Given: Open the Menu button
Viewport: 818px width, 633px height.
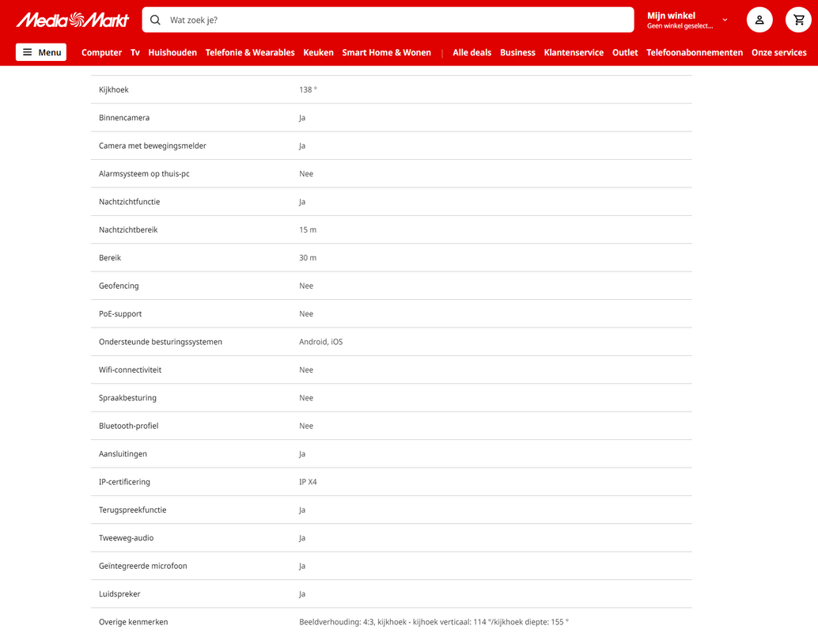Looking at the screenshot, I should (41, 52).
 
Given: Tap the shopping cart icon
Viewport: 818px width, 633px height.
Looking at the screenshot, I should (798, 20).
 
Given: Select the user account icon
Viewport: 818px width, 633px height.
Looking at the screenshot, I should (759, 20).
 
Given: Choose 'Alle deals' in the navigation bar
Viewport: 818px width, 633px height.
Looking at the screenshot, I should (471, 52).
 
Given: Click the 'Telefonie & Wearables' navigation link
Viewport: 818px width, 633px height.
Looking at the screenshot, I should (250, 52).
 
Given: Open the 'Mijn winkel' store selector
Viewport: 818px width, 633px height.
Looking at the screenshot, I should (687, 20).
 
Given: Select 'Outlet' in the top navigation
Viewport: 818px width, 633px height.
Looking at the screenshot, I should (625, 52).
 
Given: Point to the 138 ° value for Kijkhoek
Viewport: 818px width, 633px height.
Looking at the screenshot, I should (308, 90).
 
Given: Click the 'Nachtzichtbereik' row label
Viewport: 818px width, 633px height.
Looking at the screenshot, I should (128, 230).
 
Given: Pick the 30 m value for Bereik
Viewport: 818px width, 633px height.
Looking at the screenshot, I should (308, 258).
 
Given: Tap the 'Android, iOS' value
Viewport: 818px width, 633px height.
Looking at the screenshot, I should (320, 342).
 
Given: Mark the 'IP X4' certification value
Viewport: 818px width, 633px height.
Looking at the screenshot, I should (308, 482).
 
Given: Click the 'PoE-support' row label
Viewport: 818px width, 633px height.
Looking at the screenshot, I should (120, 314).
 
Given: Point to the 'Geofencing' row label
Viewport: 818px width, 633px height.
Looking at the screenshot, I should (119, 286).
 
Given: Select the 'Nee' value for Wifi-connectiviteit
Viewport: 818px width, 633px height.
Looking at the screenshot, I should (306, 370).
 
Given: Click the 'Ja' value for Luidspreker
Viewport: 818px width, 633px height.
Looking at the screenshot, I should (302, 594).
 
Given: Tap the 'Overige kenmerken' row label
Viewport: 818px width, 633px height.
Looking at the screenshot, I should (133, 622).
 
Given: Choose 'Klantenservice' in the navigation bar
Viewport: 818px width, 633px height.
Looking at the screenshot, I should (574, 52).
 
